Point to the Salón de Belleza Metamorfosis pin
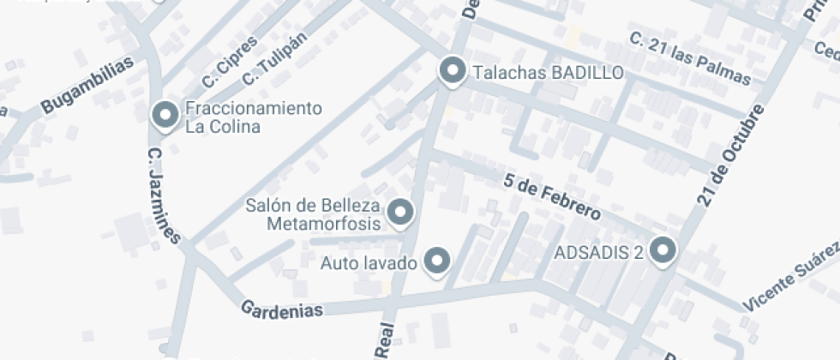399,211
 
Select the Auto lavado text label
369,262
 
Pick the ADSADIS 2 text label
599,253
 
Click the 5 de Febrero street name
551,196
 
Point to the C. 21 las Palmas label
689,60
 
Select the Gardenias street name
282,309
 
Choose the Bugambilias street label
87,87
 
